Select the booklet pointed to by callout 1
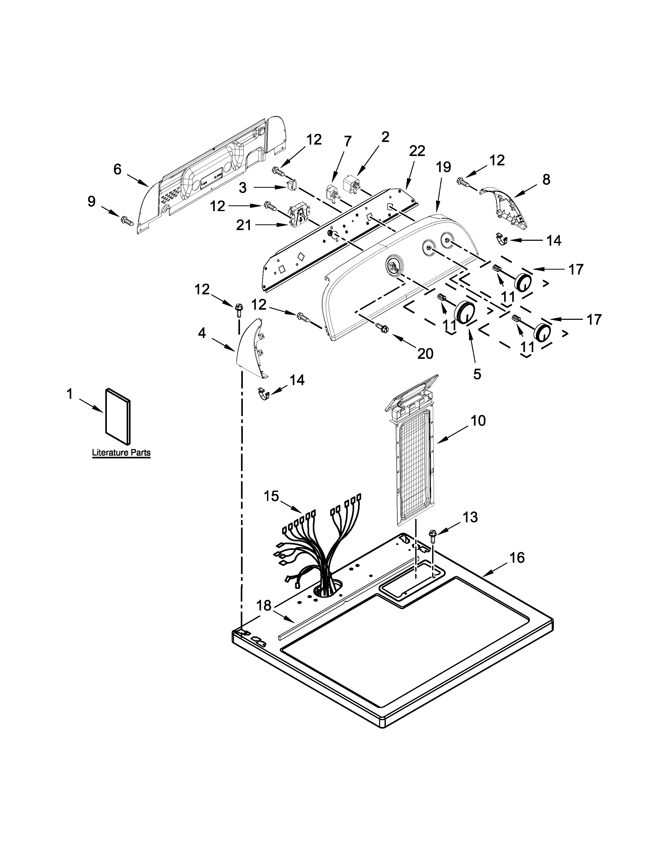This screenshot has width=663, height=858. click(x=118, y=417)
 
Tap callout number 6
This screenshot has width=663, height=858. click(x=118, y=169)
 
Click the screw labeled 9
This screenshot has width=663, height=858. click(x=127, y=221)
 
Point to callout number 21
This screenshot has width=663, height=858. click(x=244, y=225)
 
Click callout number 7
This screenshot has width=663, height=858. click(x=348, y=141)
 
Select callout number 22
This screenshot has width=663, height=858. click(x=417, y=151)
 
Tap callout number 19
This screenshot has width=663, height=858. click(x=444, y=167)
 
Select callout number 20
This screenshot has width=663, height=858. click(x=425, y=354)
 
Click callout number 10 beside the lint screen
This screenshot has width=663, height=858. click(x=478, y=421)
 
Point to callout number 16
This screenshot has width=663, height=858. click(x=517, y=557)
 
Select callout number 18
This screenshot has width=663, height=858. click(x=264, y=605)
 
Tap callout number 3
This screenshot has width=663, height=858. click(x=243, y=188)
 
